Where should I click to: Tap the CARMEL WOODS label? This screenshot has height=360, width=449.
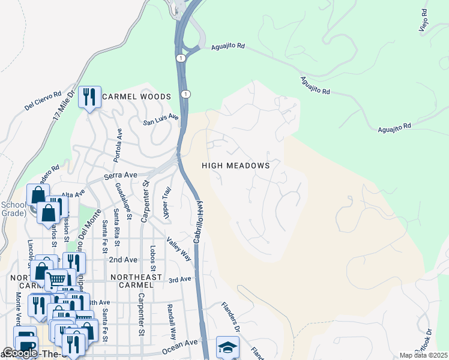136,97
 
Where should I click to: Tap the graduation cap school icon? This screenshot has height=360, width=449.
228,347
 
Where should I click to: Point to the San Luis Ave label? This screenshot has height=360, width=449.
160,119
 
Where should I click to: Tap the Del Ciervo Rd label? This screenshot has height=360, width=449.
43,101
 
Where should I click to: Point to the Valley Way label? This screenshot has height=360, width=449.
179,248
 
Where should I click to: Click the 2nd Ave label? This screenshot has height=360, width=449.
123,260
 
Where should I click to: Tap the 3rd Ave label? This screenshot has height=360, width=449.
179,280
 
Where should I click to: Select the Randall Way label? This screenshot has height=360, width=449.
173,321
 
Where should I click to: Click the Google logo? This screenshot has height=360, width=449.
20,353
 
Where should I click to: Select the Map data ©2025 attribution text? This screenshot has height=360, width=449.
423,355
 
